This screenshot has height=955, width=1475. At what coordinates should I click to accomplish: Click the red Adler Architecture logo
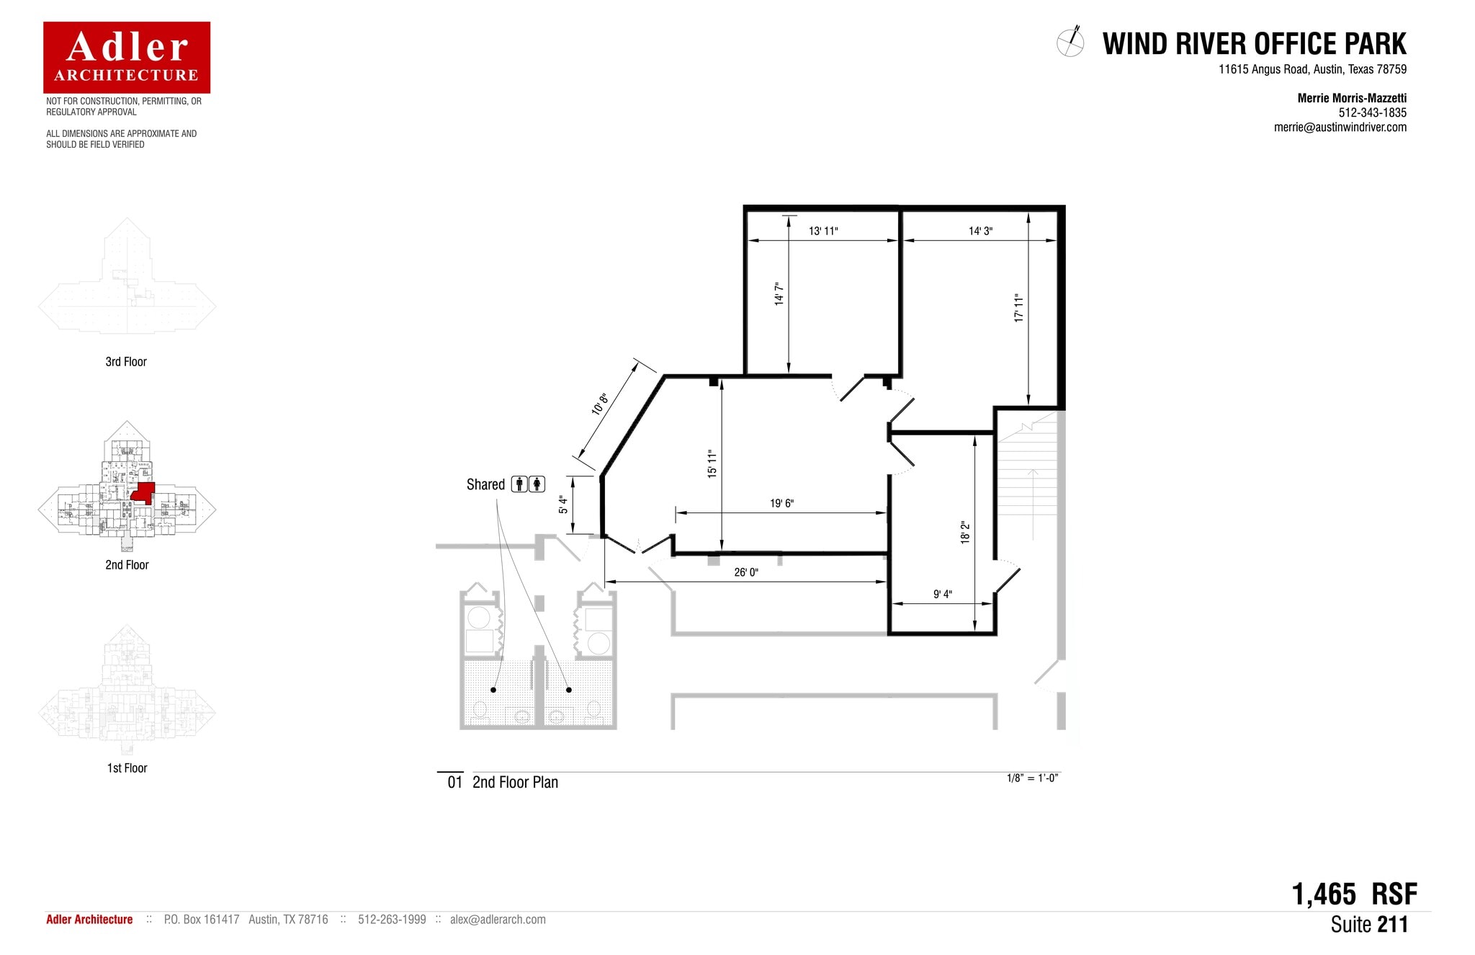(127, 57)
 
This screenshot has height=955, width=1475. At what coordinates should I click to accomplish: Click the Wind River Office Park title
(1254, 44)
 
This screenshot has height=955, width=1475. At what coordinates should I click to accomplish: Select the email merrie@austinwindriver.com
(1340, 128)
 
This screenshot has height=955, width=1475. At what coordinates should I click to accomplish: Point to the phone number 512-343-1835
(1372, 112)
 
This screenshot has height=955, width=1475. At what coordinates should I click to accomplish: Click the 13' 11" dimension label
(823, 231)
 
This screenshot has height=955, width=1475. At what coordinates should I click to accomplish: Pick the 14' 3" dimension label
(980, 231)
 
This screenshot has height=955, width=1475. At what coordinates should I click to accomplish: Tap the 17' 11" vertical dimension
(1018, 308)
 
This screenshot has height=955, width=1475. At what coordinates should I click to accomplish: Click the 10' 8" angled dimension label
(600, 404)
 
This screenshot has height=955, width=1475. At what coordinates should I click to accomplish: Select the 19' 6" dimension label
(781, 503)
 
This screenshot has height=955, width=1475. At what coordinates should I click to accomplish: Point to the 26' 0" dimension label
(746, 572)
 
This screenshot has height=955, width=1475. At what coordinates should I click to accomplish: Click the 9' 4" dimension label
(943, 594)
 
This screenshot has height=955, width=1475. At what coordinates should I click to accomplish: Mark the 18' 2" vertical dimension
(965, 533)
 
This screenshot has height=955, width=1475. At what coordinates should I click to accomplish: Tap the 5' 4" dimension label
(563, 505)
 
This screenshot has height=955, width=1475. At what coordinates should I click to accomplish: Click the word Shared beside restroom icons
(485, 484)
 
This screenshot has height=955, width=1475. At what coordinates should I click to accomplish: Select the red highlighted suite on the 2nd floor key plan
(144, 492)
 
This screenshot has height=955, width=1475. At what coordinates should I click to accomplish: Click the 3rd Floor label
(126, 362)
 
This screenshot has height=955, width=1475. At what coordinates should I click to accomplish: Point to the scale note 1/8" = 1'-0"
(1032, 778)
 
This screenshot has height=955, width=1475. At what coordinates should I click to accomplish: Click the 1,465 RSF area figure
(1354, 894)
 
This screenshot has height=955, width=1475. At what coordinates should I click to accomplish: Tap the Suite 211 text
(1368, 925)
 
